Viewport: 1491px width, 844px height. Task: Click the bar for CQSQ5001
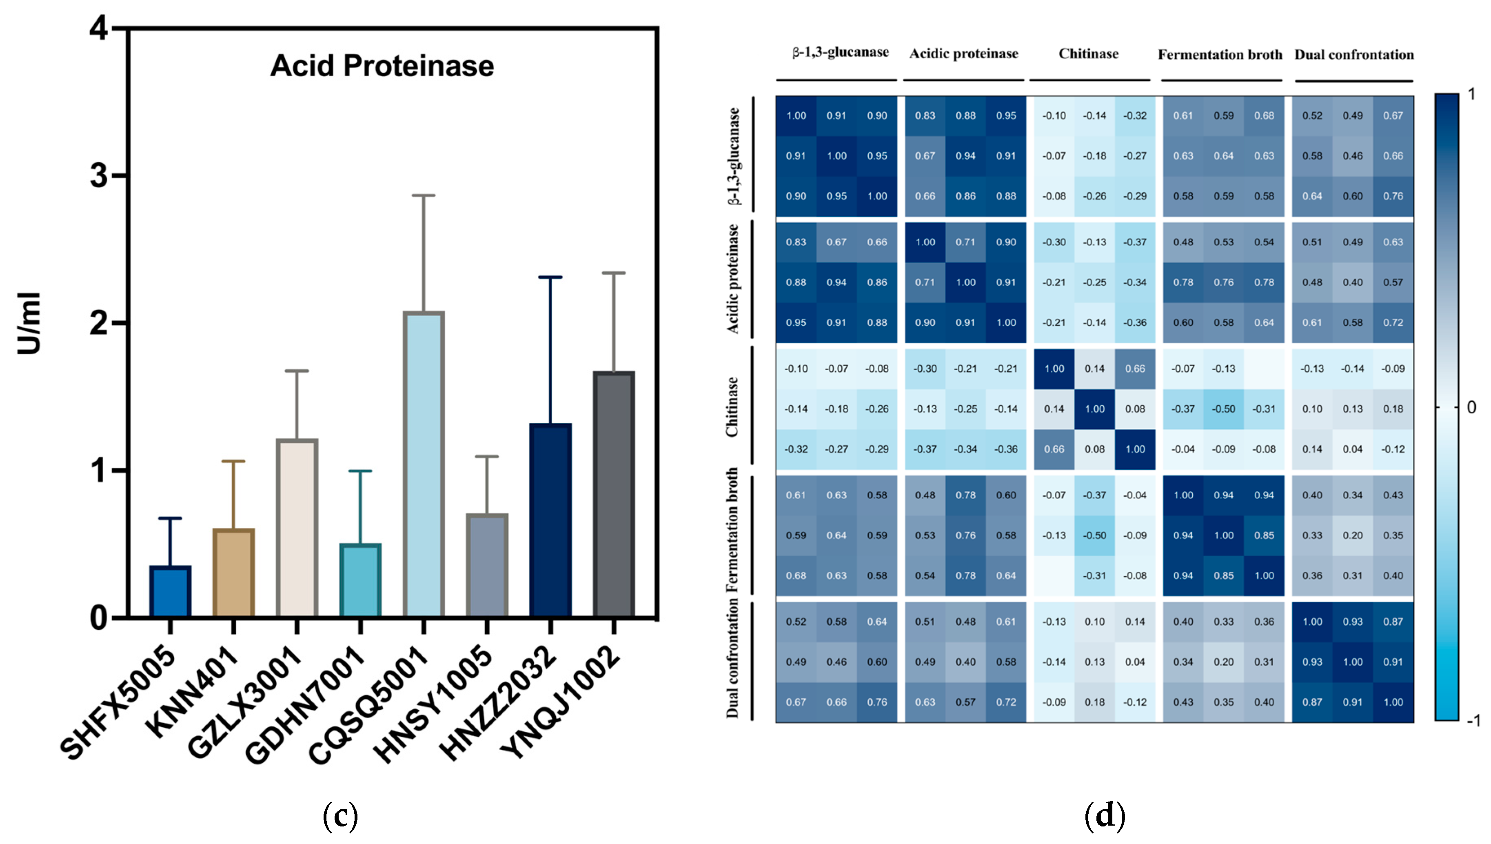(x=424, y=464)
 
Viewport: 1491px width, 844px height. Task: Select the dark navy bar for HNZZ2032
(x=550, y=520)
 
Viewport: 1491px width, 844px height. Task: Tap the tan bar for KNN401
(x=233, y=572)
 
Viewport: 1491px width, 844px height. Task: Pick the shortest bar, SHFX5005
(x=171, y=591)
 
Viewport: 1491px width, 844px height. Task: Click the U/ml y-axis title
(x=29, y=323)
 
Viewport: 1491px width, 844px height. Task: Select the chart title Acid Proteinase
(x=382, y=65)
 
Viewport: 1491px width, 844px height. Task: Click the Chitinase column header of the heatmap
(x=1088, y=54)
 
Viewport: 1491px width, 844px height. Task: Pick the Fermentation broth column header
(x=1220, y=55)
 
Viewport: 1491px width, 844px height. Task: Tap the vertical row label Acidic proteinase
(x=733, y=279)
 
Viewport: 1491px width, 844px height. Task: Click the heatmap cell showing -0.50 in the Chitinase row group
(x=1223, y=409)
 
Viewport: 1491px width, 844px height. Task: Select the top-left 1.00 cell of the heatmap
(x=796, y=115)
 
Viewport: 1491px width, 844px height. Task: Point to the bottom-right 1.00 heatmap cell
(x=1393, y=702)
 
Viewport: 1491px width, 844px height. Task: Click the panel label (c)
(x=340, y=815)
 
